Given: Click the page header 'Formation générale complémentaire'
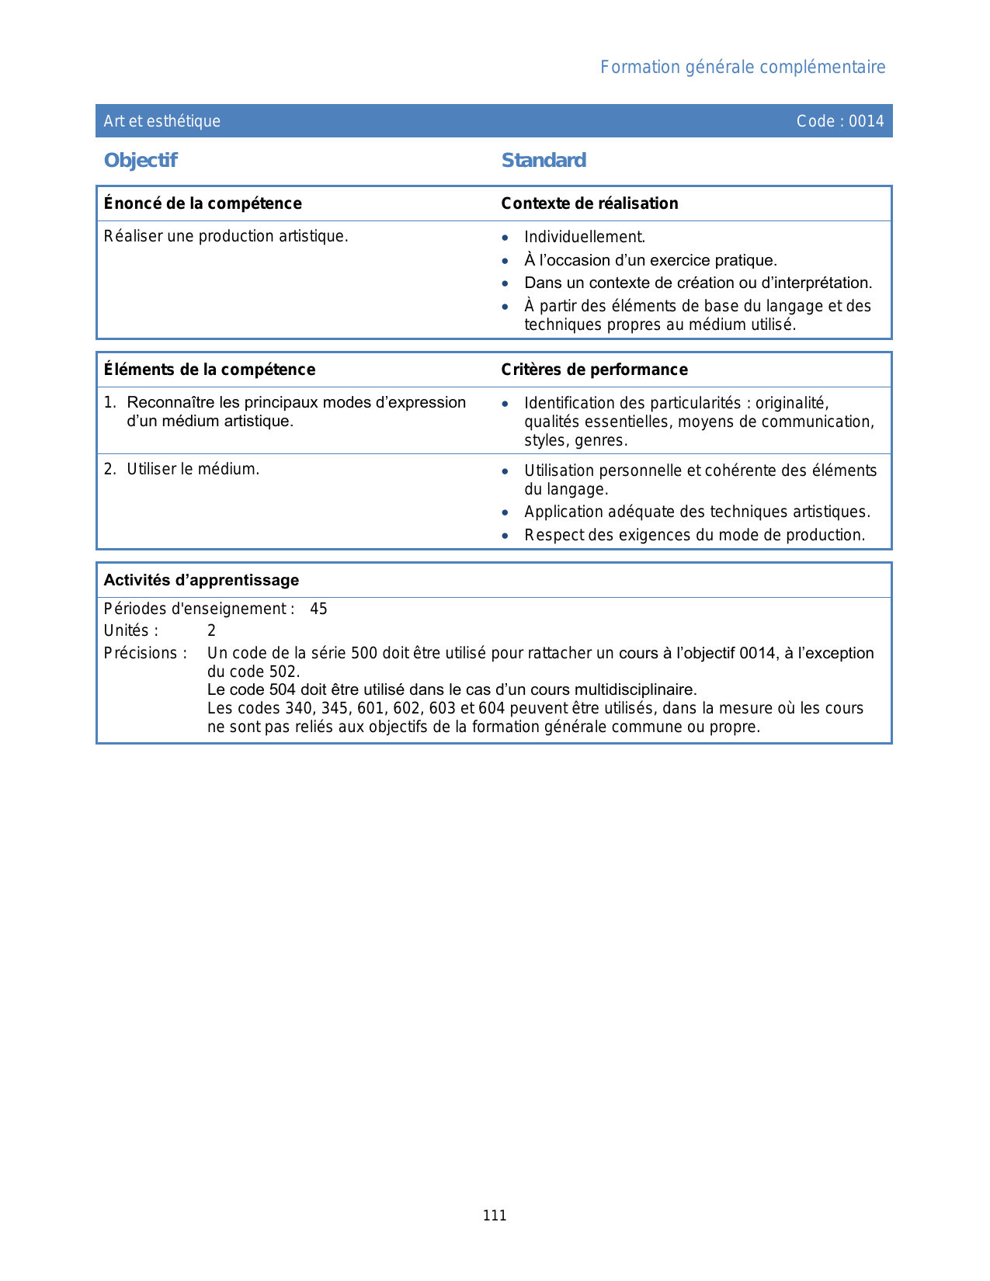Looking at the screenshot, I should pos(742,68).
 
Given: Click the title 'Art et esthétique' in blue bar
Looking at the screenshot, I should pos(162,121).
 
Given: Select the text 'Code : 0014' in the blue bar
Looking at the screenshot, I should pos(840,121).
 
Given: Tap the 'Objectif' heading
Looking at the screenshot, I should pos(141,161).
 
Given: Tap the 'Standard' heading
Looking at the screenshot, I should pos(544,161).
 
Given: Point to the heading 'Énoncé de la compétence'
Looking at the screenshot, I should pos(203,203).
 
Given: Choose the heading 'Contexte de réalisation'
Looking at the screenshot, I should pos(589,203).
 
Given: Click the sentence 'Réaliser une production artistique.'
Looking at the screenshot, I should pos(226,236).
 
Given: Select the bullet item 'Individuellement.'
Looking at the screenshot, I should pos(585,237).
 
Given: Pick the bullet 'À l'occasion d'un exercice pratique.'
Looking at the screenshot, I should pos(651,260).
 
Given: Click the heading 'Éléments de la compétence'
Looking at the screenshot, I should pos(210,370).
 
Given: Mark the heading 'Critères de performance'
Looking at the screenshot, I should pos(594,370).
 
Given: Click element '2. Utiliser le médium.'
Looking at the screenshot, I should pos(182,469).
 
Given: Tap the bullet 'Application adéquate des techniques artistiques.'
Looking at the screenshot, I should pos(697,512).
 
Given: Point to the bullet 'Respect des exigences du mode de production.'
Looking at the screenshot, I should pos(694,535).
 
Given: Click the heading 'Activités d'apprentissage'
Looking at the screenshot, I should pos(201,580).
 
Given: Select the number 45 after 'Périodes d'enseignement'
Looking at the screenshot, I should pos(318,609).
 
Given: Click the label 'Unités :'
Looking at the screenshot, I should pos(131,630).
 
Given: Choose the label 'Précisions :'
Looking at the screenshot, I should pos(145,653).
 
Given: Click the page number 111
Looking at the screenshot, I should pos(495,1216).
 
